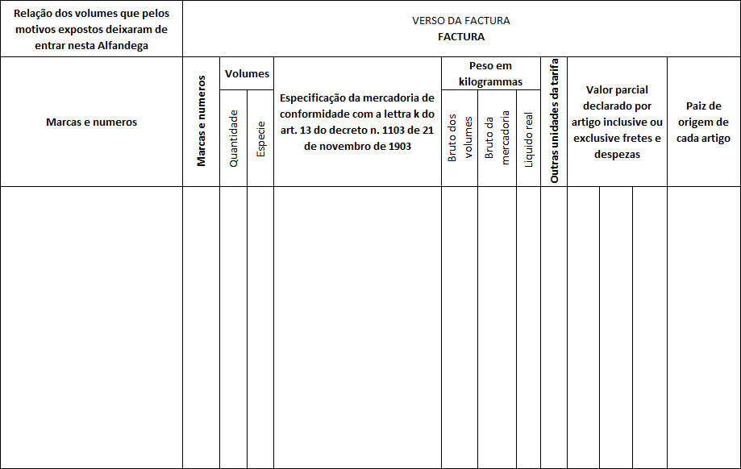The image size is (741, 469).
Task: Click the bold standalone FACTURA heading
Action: pos(461,36)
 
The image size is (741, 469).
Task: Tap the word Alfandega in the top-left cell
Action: pos(118,45)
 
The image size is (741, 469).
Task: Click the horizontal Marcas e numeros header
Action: pos(91,122)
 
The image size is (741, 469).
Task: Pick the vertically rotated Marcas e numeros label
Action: pos(202,122)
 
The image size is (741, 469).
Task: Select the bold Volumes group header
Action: pos(247,73)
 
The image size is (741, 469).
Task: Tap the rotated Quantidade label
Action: pos(234,138)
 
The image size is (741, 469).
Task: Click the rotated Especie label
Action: pos(260,139)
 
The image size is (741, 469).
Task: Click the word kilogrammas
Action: pos(490,81)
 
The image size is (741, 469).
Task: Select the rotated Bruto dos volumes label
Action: pos(460,138)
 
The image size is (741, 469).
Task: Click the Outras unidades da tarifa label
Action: pos(554,122)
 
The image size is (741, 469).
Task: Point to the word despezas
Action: pos(617,154)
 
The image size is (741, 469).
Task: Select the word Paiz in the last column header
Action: pos(697,106)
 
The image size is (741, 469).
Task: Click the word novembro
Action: pos(327,147)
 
